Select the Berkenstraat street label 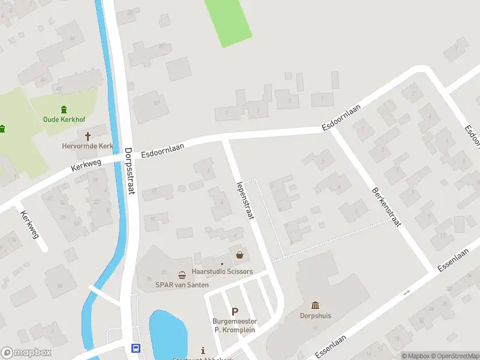point(386,205)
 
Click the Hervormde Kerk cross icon point(88,136)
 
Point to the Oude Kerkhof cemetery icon point(64,109)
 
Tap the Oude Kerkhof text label point(63,119)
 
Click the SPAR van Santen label point(182,285)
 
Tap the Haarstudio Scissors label point(222,271)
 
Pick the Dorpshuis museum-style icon point(316,305)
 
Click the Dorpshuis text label point(316,316)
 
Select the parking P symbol point(235,311)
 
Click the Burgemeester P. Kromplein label point(235,325)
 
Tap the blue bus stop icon point(136,348)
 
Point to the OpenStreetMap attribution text point(454,356)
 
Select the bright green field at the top point(227,21)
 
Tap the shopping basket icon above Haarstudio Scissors point(240,255)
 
